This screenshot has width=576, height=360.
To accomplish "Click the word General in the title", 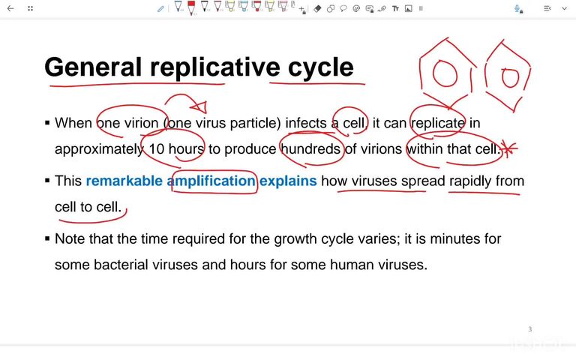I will coord(92,67).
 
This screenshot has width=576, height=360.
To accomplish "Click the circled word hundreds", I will coord(311,148).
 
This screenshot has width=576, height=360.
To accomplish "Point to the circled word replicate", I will coord(438,123).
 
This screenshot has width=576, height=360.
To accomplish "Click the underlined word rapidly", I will coord(470,181).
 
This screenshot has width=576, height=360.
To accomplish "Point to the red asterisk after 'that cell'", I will coord(509,149).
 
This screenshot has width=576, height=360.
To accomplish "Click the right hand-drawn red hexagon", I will coord(509,75).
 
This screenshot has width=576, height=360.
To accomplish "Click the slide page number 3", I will coord(529,329).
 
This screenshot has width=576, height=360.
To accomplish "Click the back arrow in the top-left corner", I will coord(10,8).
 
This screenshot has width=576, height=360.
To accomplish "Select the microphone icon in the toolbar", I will coord(517,8).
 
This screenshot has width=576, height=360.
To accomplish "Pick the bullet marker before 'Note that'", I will coord(47,239).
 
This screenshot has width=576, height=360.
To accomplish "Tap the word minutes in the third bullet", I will coord(442,238).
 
